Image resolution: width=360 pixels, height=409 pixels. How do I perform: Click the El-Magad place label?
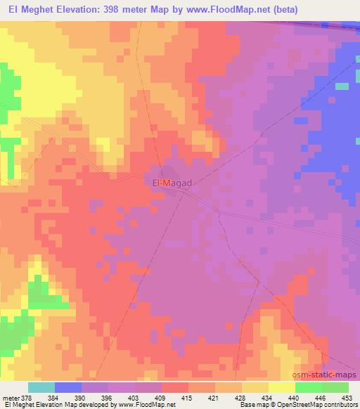(x=172, y=183)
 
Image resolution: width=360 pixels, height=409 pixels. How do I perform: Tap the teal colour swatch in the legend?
(x=41, y=387)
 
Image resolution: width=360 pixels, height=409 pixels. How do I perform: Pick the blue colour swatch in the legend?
(x=68, y=387)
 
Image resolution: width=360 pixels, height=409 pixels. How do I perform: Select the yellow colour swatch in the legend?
(x=282, y=387)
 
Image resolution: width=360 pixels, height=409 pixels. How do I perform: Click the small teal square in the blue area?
(x=342, y=86)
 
